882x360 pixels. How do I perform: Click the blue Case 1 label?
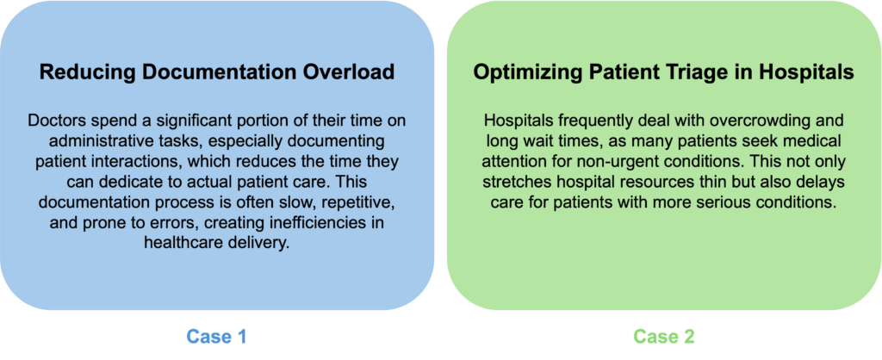(x=216, y=337)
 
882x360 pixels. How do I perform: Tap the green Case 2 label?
(x=664, y=337)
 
